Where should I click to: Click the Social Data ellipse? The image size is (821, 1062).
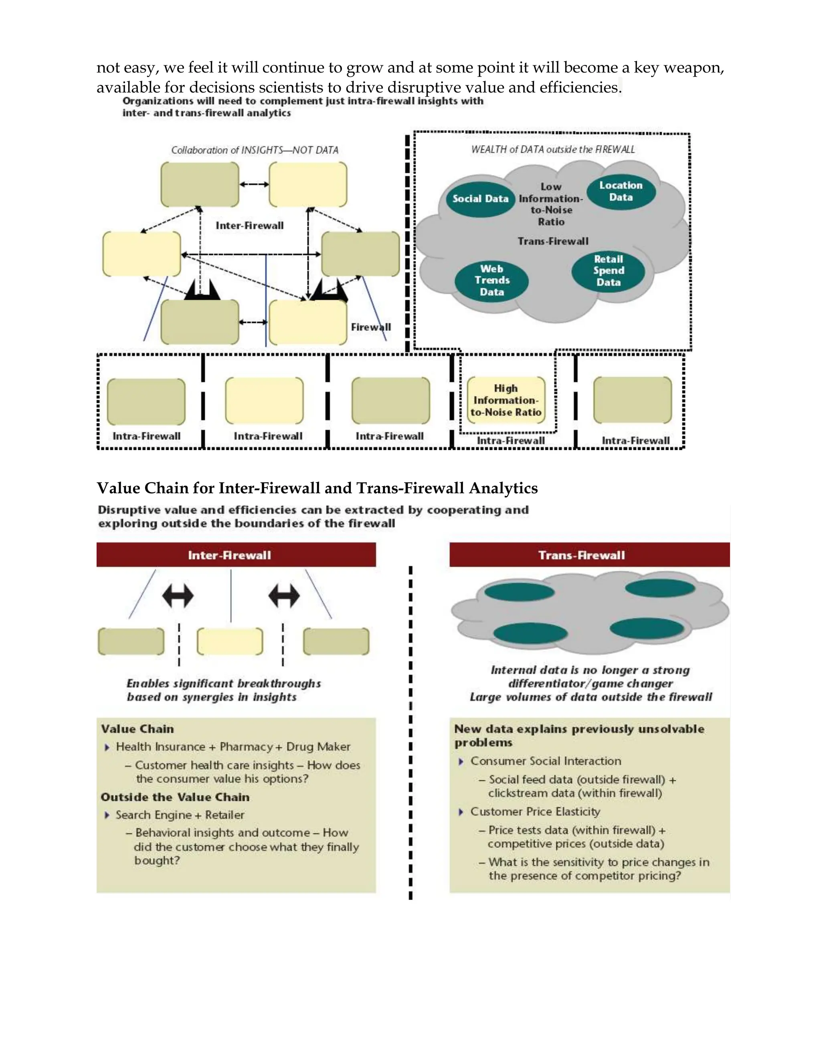480,199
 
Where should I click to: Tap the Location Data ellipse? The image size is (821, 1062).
621,192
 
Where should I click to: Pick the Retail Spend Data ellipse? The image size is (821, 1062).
608,271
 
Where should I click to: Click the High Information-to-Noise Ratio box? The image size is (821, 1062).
506,400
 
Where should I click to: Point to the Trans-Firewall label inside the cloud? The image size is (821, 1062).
552,241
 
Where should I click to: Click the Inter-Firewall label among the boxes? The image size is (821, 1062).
249,226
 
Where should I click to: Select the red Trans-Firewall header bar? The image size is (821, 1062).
589,555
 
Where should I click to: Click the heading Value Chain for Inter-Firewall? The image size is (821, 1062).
317,488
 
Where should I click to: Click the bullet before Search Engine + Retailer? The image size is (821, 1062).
107,815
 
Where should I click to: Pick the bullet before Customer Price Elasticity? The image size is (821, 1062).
461,812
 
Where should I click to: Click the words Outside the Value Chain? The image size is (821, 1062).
175,797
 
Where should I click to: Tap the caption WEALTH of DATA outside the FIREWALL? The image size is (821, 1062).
553,150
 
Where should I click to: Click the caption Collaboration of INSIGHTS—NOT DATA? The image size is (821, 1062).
255,150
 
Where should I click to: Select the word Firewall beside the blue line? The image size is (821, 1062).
371,327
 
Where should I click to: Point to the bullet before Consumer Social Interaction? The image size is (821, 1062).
461,761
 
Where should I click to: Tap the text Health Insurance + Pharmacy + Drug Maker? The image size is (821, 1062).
233,747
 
